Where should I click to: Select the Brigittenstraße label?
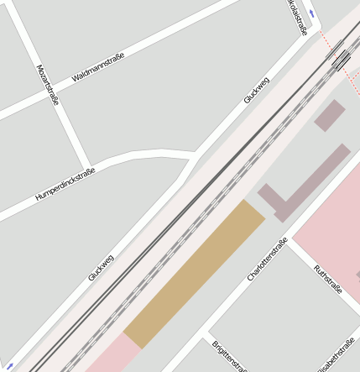227,356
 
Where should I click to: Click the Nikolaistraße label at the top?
298,17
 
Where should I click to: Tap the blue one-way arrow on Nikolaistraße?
312,13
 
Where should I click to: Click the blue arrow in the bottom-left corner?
9,366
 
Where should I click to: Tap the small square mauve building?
330,116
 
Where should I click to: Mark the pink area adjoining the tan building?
112,356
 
